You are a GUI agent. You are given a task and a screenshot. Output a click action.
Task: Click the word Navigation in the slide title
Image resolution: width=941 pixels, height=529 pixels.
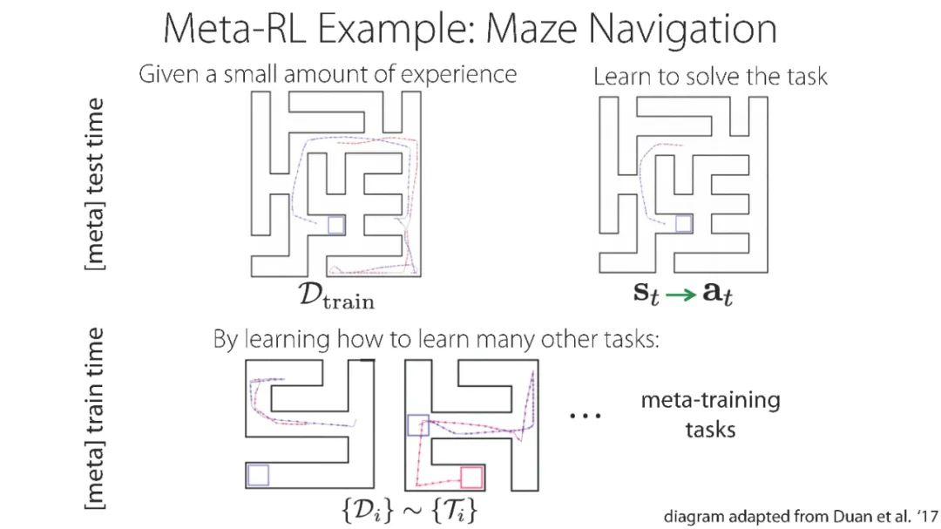click(x=682, y=29)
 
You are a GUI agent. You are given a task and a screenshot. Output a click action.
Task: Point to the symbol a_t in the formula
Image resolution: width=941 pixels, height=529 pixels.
click(x=721, y=294)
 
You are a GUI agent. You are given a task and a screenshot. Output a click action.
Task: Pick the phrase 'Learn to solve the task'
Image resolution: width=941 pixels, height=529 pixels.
click(x=710, y=77)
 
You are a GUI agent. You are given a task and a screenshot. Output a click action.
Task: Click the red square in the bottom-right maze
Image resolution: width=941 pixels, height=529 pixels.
click(x=471, y=478)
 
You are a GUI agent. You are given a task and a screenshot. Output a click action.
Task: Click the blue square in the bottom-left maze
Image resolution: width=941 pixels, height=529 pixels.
click(x=258, y=475)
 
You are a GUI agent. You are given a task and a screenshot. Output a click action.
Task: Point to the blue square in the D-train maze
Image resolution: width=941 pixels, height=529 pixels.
click(x=336, y=225)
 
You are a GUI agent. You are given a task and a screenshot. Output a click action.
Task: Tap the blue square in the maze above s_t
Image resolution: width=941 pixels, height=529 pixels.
click(x=684, y=225)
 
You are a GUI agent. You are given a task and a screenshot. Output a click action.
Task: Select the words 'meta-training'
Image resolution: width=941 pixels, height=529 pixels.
click(x=710, y=401)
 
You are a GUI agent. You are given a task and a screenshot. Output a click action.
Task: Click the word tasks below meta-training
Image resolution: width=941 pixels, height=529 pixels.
click(x=710, y=429)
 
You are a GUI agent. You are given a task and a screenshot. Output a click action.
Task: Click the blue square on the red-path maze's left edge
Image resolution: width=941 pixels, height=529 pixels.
click(x=418, y=425)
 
